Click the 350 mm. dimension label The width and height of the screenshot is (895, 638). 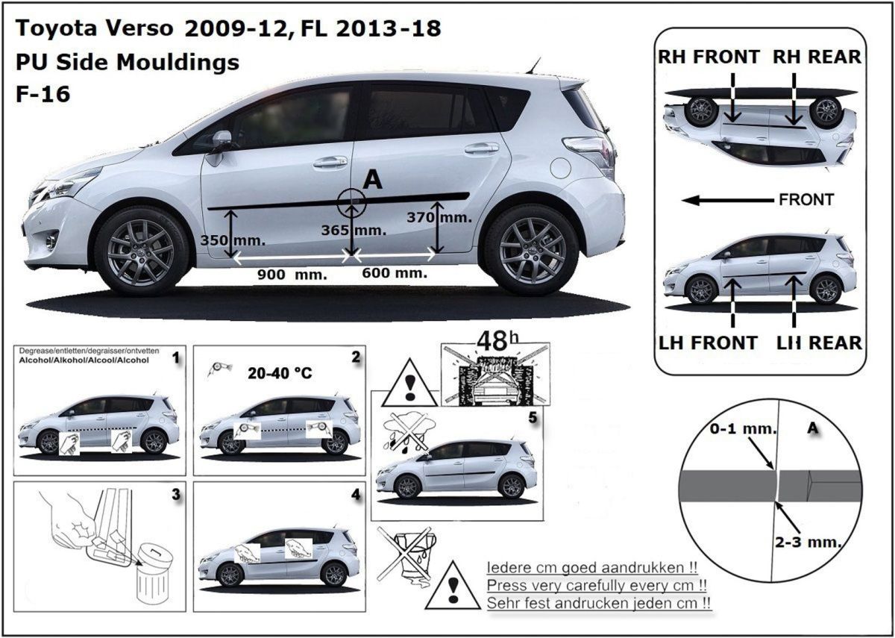[233, 240]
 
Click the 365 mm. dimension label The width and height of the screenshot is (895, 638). [354, 231]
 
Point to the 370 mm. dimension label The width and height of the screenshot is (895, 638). [439, 217]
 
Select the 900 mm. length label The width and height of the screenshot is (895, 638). [292, 275]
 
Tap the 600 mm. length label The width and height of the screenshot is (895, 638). [395, 273]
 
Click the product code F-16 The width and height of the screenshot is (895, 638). [43, 94]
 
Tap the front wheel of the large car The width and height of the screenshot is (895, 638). [141, 251]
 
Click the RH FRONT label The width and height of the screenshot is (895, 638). [709, 57]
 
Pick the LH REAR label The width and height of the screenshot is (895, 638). [819, 343]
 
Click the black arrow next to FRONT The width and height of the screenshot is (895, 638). [727, 200]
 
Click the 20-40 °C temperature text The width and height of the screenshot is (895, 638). [280, 373]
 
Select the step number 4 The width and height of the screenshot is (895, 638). [356, 495]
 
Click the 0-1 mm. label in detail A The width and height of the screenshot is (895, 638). [743, 429]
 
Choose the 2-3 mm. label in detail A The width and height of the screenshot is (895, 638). [808, 542]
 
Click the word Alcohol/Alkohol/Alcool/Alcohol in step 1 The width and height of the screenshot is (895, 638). [84, 360]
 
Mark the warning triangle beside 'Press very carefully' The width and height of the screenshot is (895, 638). [453, 586]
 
